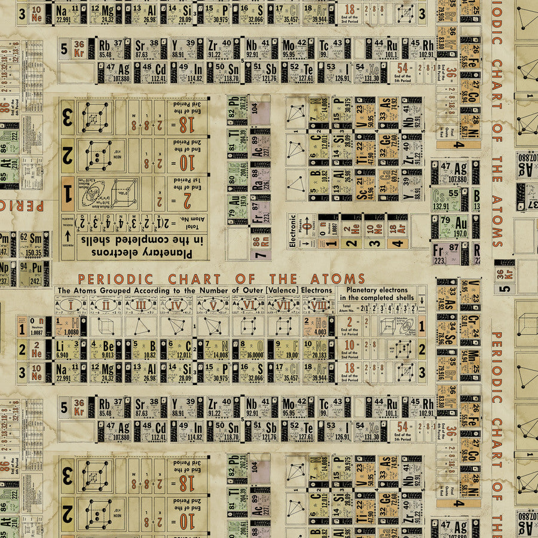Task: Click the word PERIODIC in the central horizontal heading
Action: pyautogui.click(x=115, y=279)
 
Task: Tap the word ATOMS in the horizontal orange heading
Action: pyautogui.click(x=338, y=279)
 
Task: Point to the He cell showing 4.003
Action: pyautogui.click(x=317, y=326)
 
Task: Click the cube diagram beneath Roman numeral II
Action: pyautogui.click(x=107, y=326)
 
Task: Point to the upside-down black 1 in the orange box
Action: pyautogui.click(x=68, y=193)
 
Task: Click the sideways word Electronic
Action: pyautogui.click(x=293, y=231)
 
